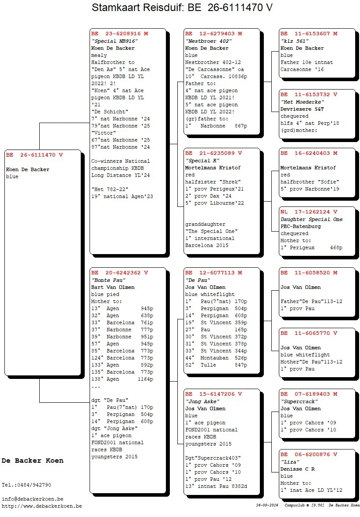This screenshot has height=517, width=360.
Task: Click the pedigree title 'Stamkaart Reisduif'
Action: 138,7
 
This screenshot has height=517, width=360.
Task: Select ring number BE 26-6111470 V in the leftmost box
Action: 34,155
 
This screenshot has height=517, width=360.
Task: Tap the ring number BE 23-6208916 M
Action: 120,34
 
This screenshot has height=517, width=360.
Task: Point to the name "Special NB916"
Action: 114,41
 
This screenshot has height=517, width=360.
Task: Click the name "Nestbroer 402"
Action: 208,41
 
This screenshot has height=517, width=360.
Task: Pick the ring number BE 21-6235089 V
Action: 214,154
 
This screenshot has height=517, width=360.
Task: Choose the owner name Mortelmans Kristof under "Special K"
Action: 213,168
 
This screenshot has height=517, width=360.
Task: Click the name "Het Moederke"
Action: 302,102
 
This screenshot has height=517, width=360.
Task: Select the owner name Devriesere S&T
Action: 302,109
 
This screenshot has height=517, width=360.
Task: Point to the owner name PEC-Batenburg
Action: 300,226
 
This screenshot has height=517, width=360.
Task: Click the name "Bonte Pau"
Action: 109,280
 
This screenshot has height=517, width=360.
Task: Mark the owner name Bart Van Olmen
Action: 113,288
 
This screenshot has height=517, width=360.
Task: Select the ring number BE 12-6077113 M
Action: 214,273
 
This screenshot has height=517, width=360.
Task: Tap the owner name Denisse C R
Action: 298,469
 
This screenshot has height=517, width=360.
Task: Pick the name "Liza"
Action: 290,462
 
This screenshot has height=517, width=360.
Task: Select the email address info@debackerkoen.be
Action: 33,499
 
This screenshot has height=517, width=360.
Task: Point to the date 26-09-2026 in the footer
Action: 267,505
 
